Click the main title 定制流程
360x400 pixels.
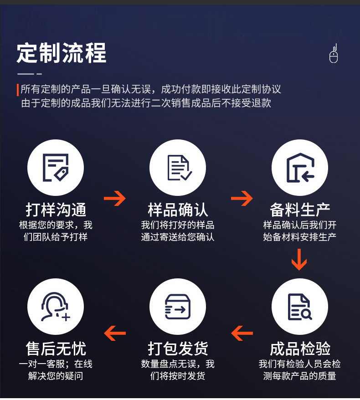coord(62,53)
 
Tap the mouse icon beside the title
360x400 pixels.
coord(334,54)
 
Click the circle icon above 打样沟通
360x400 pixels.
coord(56,168)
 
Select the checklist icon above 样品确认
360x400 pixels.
coord(178,168)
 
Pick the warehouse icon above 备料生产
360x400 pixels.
coord(300,168)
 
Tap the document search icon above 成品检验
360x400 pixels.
coord(300,307)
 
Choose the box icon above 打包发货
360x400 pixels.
coord(178,307)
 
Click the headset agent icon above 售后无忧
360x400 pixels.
coord(56,307)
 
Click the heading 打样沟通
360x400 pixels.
coord(56,210)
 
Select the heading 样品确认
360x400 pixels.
coord(178,210)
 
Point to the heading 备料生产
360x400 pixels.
coord(300,210)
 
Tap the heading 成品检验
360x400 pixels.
coord(300,349)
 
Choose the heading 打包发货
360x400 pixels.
coord(178,349)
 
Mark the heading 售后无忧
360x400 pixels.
coord(56,349)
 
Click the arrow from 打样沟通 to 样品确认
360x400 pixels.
coord(115,198)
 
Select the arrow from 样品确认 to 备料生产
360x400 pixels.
coord(242,198)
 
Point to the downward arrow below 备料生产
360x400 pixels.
coord(299,259)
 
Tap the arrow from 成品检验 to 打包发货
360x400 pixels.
coord(242,333)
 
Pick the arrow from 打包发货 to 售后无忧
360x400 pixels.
coord(115,333)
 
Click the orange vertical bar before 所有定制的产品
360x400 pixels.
coord(18,90)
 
